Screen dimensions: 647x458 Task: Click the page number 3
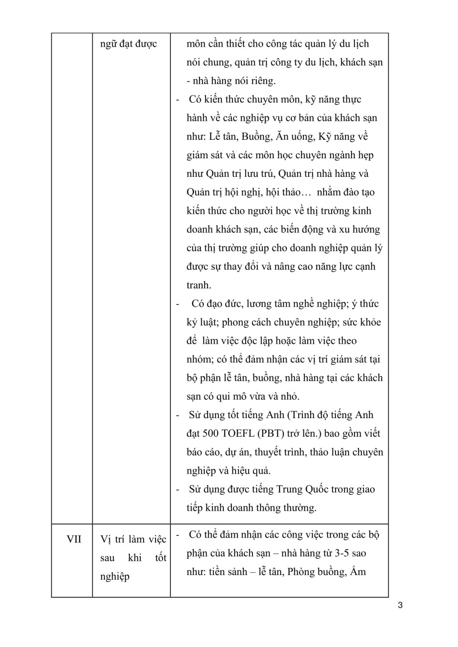400,606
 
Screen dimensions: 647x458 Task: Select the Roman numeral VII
74,539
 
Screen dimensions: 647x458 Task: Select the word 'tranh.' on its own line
199,285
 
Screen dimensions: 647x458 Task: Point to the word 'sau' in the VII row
108,558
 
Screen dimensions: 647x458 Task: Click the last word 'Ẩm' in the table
358,572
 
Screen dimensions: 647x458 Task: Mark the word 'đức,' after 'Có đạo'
233,304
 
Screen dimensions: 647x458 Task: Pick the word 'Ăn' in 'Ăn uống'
282,136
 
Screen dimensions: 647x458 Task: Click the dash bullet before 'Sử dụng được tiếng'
177,489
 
